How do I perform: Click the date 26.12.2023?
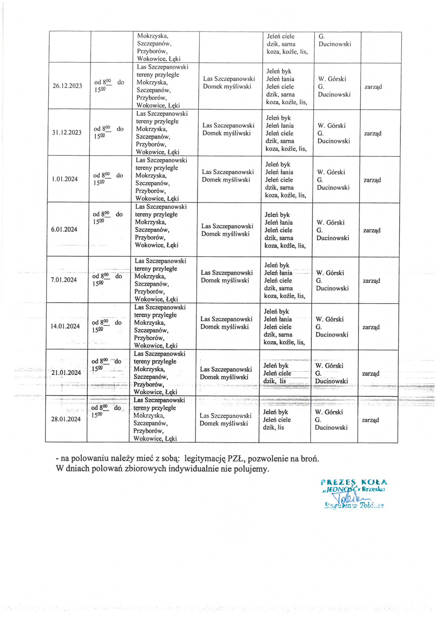coord(67,86)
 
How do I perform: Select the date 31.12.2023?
coord(67,133)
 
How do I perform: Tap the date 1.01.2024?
coord(65,179)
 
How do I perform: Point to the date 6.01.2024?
coord(64,230)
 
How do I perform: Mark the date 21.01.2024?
coord(66,373)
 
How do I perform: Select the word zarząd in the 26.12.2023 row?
coord(373,87)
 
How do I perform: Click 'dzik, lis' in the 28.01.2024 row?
coord(273,427)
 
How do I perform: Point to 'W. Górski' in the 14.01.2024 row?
coord(329,319)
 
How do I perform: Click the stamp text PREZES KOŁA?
coord(354,482)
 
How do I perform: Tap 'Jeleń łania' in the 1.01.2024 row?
coord(279,172)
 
